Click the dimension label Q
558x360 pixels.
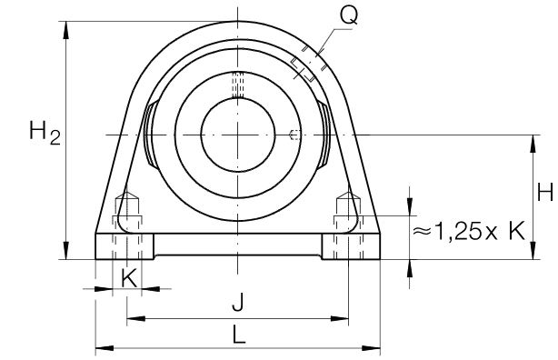click(348, 15)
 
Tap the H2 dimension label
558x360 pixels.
click(45, 132)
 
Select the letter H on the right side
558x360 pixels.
click(544, 193)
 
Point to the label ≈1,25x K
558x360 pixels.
click(469, 231)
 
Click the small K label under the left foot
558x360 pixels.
click(129, 278)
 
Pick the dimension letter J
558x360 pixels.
click(238, 302)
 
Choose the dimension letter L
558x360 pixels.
click(239, 335)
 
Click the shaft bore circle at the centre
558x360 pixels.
click(238, 135)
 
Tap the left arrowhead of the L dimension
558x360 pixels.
click(105, 348)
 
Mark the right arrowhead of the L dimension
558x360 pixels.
click(371, 348)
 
